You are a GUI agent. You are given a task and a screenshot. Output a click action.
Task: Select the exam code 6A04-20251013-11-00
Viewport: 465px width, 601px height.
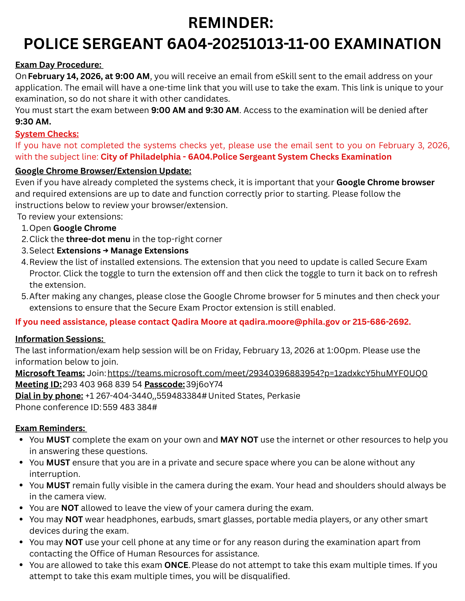[248, 44]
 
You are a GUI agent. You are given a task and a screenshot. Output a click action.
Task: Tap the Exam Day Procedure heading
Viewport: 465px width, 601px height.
[59, 65]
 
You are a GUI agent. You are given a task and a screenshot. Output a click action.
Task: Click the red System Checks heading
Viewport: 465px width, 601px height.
[47, 134]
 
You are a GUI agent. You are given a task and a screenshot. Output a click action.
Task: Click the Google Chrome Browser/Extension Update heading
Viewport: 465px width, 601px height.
[103, 171]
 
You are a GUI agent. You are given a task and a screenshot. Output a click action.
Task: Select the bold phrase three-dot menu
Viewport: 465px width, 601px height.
[98, 239]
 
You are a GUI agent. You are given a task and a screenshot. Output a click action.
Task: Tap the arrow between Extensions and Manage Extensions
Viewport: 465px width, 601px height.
[106, 251]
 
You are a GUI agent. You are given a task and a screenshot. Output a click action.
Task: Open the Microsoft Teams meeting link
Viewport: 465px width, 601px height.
[267, 373]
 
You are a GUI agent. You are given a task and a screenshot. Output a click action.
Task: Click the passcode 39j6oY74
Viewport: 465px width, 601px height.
[204, 385]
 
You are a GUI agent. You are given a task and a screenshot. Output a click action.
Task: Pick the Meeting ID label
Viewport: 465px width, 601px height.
[39, 385]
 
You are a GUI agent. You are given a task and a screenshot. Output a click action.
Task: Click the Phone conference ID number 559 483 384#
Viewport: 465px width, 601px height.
[130, 407]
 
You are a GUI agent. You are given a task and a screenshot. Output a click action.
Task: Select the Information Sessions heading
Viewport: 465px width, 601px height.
[60, 339]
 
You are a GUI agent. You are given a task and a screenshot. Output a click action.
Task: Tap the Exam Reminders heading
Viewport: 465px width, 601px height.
[51, 428]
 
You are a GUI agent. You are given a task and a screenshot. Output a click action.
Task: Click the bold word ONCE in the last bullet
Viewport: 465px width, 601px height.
[176, 565]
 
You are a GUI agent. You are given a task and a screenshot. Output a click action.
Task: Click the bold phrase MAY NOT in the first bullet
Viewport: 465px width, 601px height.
[239, 440]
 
